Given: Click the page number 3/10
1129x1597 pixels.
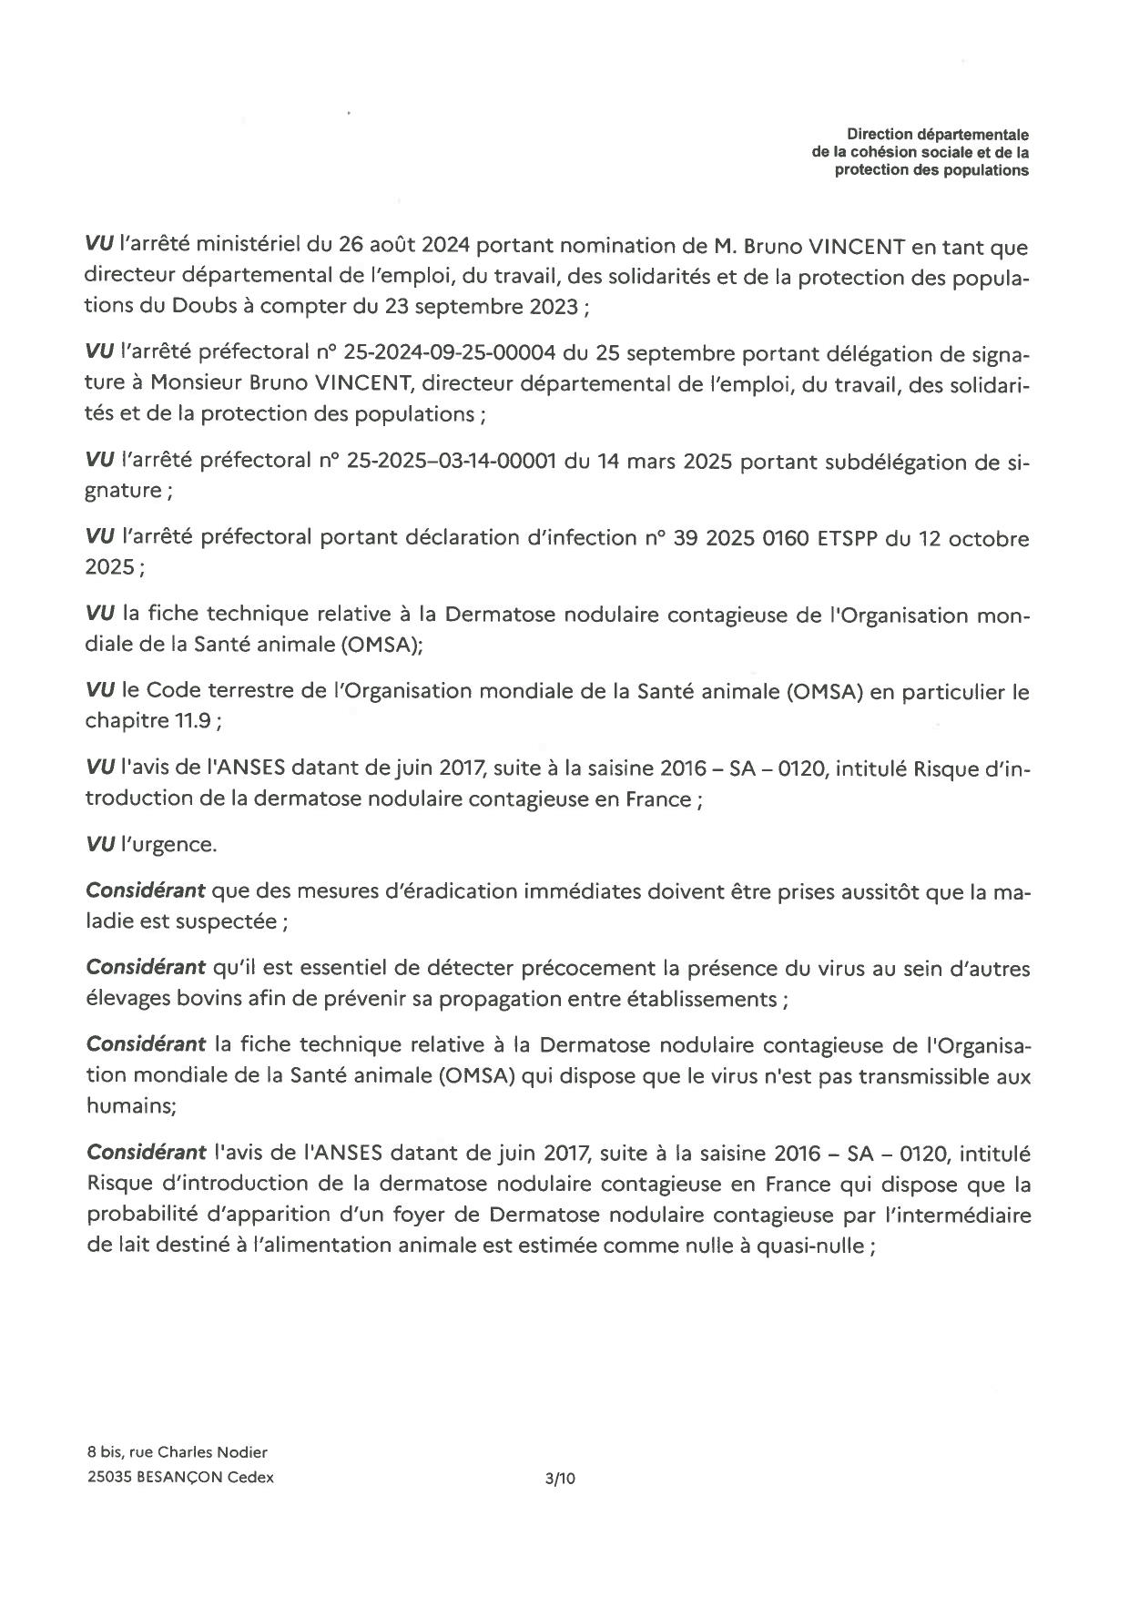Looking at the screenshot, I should pyautogui.click(x=560, y=1479).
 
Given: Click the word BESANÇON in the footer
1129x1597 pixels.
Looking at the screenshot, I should pyautogui.click(x=177, y=1478).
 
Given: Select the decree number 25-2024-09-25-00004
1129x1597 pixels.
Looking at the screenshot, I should pyautogui.click(x=450, y=353).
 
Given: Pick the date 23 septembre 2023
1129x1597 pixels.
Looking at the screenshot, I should pyautogui.click(x=481, y=307).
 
